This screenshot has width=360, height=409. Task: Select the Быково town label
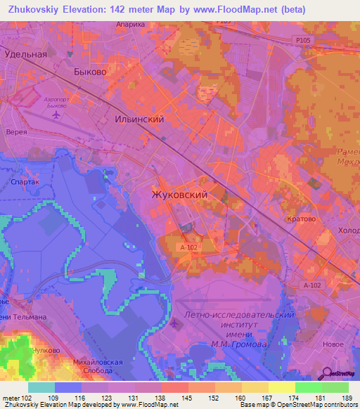(x=90, y=72)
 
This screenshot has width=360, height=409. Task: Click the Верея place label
(x=16, y=132)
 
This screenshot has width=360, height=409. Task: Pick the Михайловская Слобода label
(x=98, y=366)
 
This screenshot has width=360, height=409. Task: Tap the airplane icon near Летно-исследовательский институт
(x=174, y=323)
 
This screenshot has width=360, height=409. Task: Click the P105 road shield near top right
(x=302, y=41)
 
